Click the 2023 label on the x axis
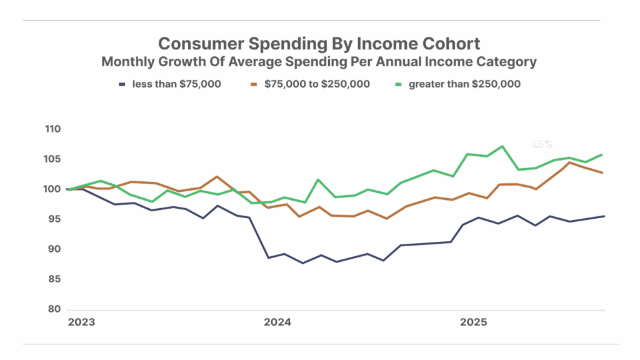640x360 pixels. coord(81,323)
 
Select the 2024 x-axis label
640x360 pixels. coord(277,323)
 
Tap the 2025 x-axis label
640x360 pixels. coord(474,323)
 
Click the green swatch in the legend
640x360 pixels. coord(400,84)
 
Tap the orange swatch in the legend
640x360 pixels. coord(254,84)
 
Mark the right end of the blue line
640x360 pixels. coord(604,216)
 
